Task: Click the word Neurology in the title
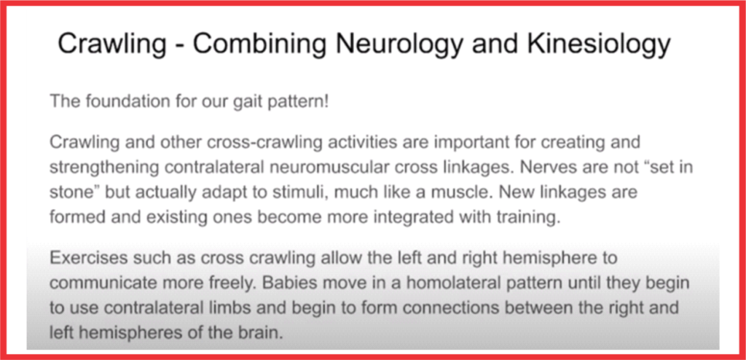(x=399, y=44)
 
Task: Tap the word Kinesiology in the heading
(x=599, y=44)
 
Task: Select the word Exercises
(x=89, y=258)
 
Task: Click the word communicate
(x=102, y=283)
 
